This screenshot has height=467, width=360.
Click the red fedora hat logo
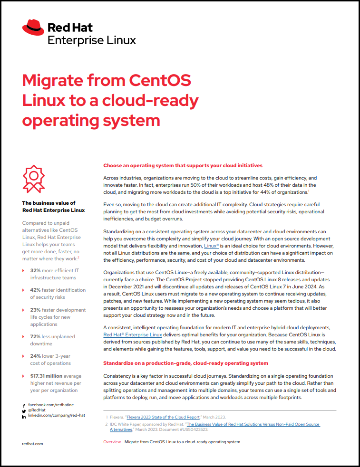click(x=33, y=28)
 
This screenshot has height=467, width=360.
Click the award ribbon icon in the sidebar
click(x=34, y=179)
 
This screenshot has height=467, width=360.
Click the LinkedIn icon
click(x=24, y=416)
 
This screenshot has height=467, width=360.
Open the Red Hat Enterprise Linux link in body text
click(x=133, y=334)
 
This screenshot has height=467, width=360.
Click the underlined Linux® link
click(x=211, y=246)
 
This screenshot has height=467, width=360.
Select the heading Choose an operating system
click(x=183, y=166)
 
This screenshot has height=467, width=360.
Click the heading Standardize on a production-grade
click(x=185, y=363)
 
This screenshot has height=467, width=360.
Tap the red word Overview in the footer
click(x=112, y=442)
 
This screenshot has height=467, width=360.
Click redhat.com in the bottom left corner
click(x=33, y=444)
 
